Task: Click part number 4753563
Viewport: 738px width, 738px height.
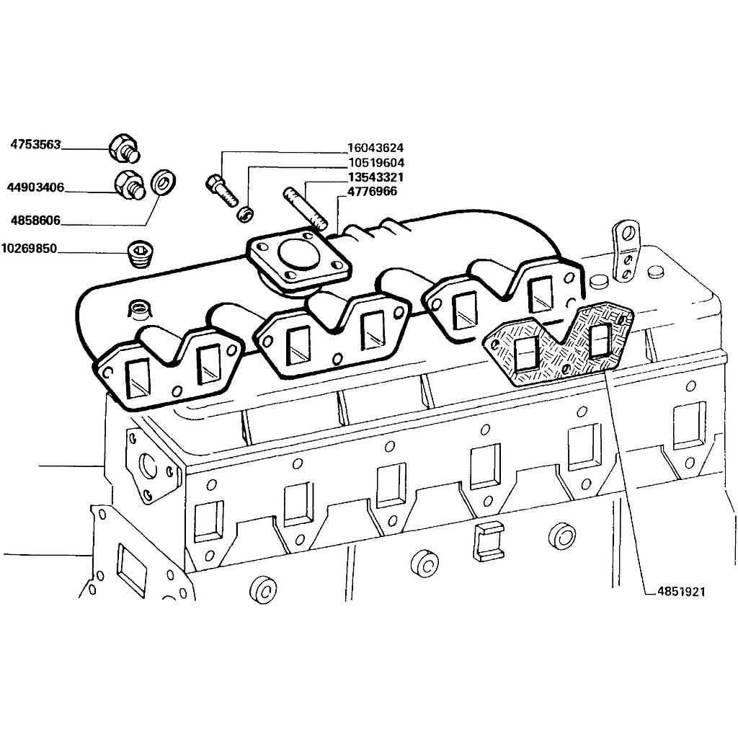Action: (36, 144)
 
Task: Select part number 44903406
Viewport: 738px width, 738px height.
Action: (35, 187)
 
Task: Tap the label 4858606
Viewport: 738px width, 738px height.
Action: (36, 221)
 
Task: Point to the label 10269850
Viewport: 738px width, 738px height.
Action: (29, 248)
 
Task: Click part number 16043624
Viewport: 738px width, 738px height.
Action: (375, 148)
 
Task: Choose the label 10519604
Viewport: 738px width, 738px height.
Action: (376, 163)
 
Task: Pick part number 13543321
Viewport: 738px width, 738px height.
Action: (375, 177)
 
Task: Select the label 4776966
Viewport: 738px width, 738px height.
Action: (372, 192)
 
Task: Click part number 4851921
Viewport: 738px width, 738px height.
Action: (682, 591)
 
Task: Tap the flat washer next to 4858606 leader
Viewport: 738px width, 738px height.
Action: (164, 182)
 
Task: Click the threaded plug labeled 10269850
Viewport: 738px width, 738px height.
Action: (141, 254)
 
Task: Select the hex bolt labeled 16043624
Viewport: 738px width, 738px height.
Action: (221, 191)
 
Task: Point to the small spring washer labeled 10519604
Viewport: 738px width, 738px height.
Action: (245, 214)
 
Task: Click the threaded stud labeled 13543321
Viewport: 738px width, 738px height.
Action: (305, 209)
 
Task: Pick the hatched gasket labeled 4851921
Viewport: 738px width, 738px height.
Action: (559, 344)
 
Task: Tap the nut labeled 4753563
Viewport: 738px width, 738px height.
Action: (124, 147)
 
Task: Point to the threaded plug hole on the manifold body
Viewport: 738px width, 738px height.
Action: (140, 310)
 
